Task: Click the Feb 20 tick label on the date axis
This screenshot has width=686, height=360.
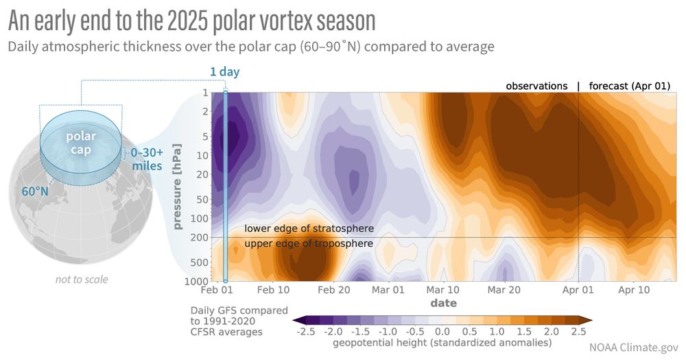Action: (x=334, y=290)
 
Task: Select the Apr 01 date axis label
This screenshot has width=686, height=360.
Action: (x=578, y=290)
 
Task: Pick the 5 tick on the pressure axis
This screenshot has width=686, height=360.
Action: (x=204, y=136)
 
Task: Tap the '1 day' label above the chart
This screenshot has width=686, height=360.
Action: (x=224, y=72)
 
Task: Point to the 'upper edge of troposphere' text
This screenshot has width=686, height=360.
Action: (x=309, y=243)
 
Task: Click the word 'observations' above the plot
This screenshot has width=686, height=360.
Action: (x=536, y=86)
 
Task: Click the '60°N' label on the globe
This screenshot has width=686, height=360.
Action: (x=34, y=191)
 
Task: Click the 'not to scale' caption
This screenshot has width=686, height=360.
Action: (x=82, y=279)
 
